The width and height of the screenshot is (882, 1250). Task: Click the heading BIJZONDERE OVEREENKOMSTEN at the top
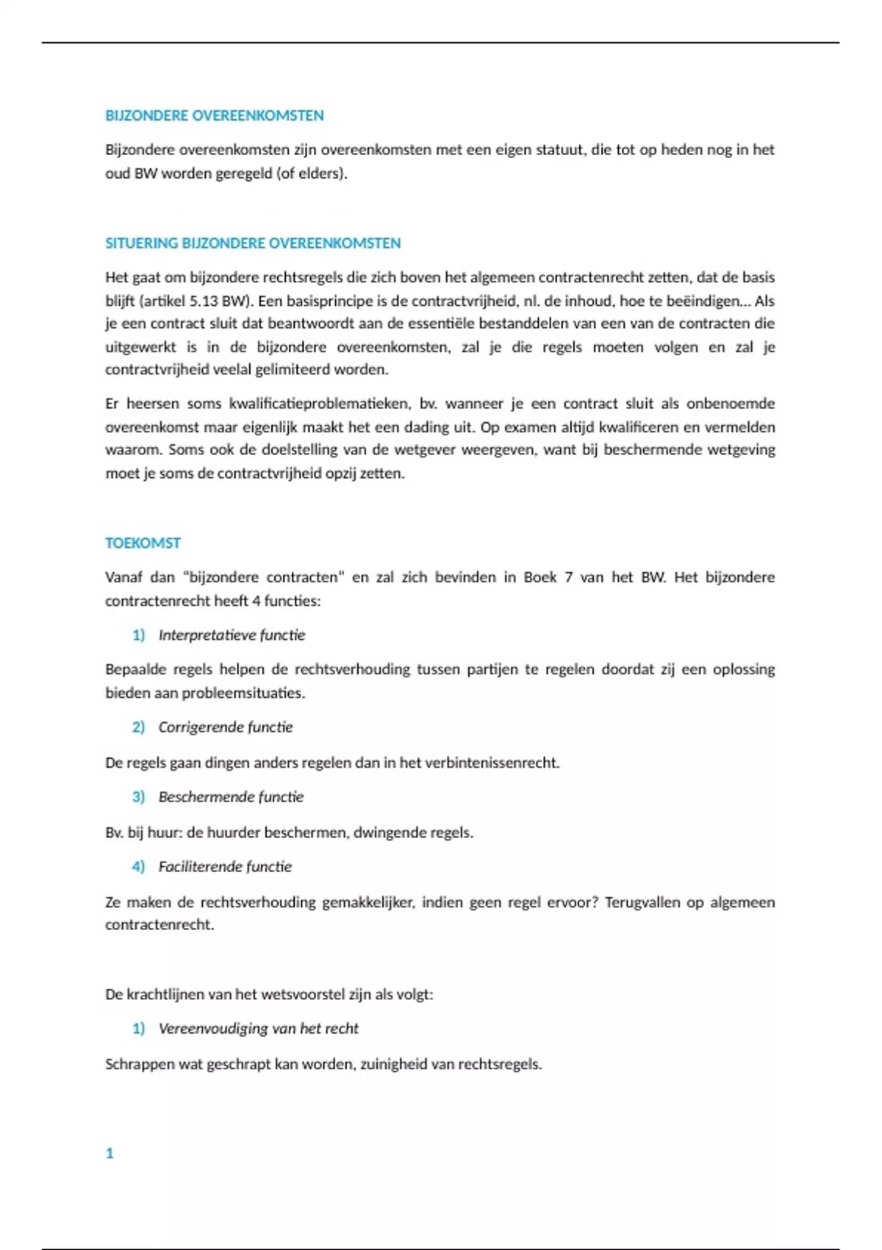tap(214, 115)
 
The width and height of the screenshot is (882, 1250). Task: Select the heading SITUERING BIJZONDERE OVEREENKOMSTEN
tap(253, 243)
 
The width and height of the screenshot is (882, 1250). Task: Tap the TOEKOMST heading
tap(143, 543)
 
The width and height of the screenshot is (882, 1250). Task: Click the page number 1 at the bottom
tap(110, 1153)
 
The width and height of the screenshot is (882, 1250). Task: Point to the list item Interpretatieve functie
tap(232, 635)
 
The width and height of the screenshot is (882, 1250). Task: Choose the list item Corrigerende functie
tap(226, 727)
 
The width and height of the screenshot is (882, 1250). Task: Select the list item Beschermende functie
tap(231, 797)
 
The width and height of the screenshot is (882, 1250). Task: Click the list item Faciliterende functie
tap(225, 867)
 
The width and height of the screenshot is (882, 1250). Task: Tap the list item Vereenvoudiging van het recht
tap(259, 1029)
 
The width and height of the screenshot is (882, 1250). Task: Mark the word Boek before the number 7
tap(539, 577)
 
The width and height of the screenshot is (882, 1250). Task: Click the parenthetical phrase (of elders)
tap(312, 174)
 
